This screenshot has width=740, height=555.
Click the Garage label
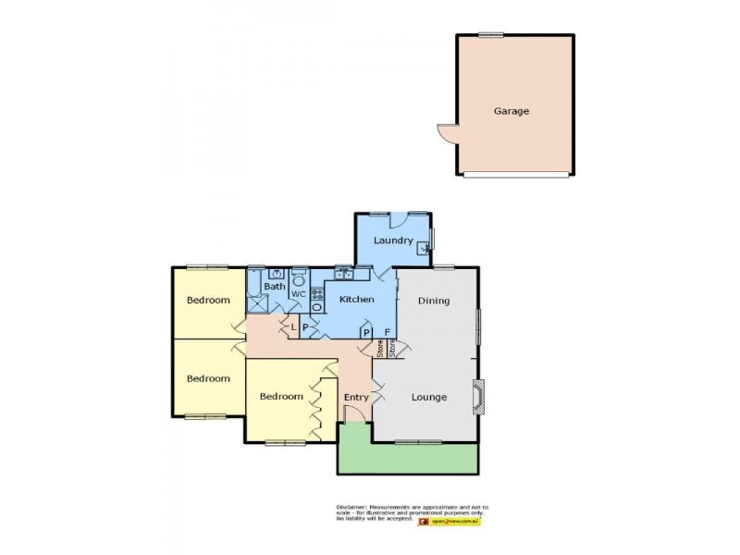click(511, 111)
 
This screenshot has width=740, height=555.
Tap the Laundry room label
click(392, 241)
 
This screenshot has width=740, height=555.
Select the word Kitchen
click(356, 300)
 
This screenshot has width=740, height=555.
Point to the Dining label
click(433, 301)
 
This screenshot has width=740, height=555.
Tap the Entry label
click(356, 398)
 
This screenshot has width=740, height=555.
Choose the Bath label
click(275, 287)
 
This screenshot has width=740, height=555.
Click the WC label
click(299, 294)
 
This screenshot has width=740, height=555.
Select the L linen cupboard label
click(293, 327)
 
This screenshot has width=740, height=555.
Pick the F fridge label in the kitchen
click(387, 331)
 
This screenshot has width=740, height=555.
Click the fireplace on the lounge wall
click(477, 395)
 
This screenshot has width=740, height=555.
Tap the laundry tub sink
click(424, 247)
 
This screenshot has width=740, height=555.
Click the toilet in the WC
click(299, 277)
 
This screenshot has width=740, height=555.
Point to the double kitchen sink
click(343, 273)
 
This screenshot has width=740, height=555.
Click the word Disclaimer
click(351, 508)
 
